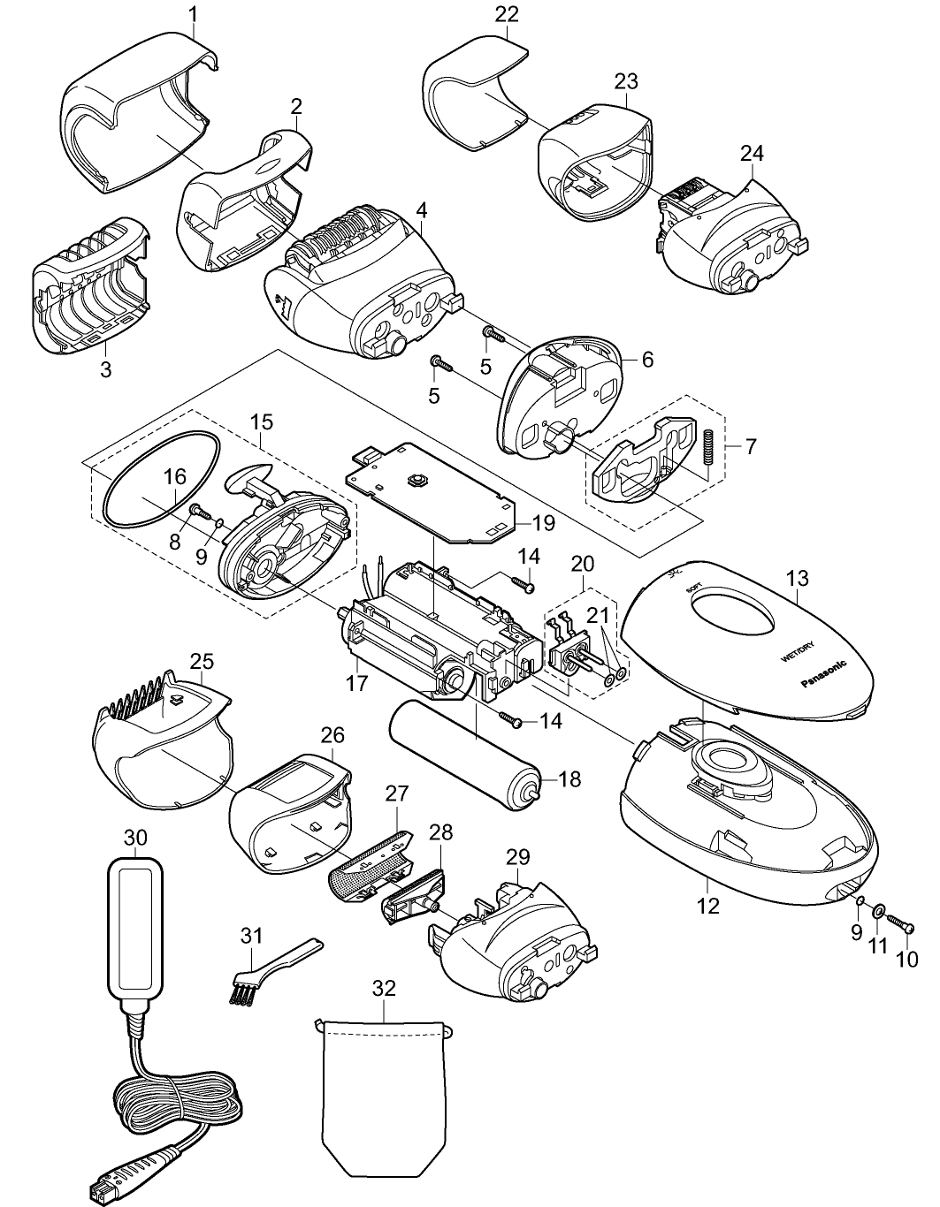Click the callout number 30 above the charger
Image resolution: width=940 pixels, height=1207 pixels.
coord(136,837)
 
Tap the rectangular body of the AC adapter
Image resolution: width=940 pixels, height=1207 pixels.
coord(136,927)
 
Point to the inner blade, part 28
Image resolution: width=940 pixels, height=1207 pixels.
coord(413,893)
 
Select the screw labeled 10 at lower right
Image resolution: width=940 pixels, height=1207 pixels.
coord(903,924)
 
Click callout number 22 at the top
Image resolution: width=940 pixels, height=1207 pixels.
coord(508,14)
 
